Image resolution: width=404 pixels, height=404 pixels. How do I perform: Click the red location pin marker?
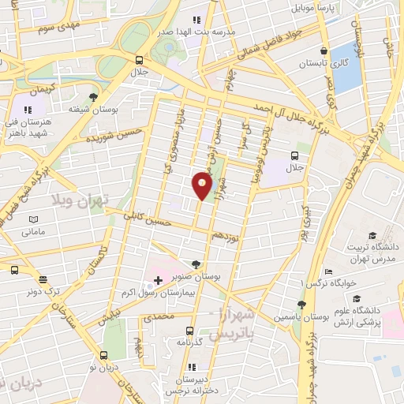tap(203, 185)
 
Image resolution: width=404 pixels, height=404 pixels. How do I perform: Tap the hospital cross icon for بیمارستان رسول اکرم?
tap(158, 280)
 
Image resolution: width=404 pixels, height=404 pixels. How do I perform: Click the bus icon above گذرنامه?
tap(189, 331)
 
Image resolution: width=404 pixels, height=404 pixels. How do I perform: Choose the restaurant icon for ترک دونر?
tap(43, 279)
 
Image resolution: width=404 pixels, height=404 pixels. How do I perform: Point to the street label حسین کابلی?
tap(151, 223)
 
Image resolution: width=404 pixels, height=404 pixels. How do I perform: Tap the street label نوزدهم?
tap(225, 235)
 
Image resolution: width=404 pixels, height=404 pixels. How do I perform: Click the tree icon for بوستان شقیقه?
tap(94, 98)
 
